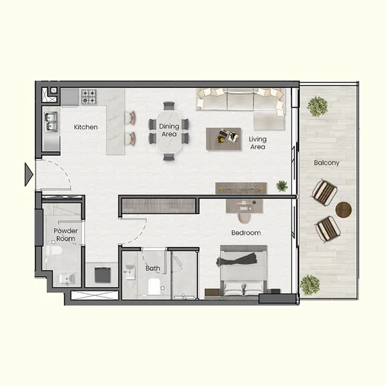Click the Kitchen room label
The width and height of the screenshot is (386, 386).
click(x=86, y=127)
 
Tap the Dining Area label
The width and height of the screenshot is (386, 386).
click(x=169, y=131)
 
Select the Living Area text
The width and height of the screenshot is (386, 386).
click(x=257, y=143)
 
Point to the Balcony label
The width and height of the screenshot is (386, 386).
click(x=326, y=163)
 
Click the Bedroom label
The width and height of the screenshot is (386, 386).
click(x=246, y=232)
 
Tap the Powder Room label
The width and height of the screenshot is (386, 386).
click(x=65, y=234)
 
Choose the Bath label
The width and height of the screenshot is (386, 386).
click(x=152, y=268)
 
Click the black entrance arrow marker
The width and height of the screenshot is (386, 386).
click(x=28, y=174)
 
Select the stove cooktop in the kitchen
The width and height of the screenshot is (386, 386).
click(x=88, y=97)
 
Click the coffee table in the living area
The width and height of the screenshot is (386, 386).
click(x=223, y=138)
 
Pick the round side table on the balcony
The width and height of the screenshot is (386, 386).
click(x=344, y=210)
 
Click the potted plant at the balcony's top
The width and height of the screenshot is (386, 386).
click(x=317, y=106)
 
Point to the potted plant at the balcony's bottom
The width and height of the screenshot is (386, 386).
click(x=310, y=284)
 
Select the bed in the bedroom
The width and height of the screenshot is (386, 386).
click(x=243, y=270)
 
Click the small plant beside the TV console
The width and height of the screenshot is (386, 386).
click(x=282, y=186)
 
